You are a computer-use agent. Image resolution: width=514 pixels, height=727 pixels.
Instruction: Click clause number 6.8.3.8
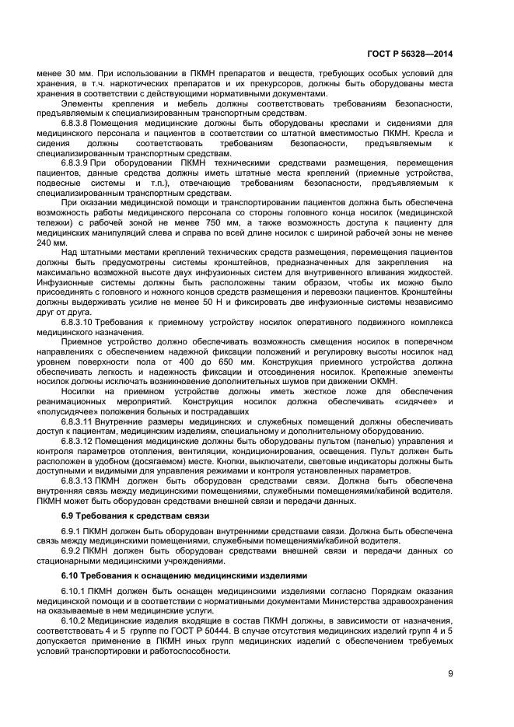pos(79,121)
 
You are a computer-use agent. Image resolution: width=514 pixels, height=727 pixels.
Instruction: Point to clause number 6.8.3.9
pos(79,162)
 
